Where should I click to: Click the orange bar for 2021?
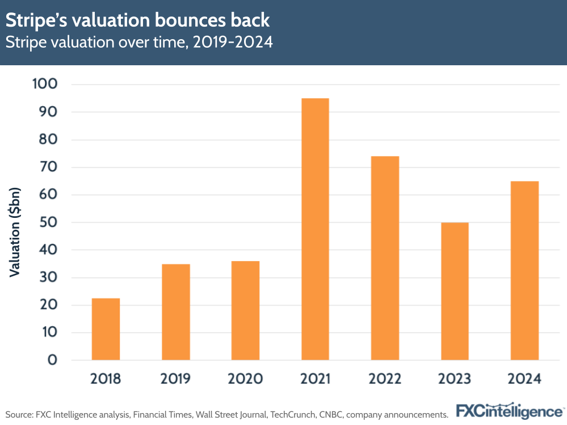[x=315, y=229]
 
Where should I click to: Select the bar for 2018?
[x=106, y=329]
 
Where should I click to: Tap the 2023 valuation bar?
[x=455, y=291]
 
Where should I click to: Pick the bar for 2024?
[x=524, y=271]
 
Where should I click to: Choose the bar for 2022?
[x=385, y=258]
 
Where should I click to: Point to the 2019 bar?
[x=175, y=312]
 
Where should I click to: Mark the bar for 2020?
[x=245, y=310]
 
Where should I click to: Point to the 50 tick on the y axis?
[x=49, y=222]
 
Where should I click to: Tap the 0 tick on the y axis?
[x=53, y=360]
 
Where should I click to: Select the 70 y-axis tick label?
[x=49, y=167]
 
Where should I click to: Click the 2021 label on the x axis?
[x=315, y=379]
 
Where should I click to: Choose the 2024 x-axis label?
[x=524, y=379]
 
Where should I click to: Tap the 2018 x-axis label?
[x=106, y=379]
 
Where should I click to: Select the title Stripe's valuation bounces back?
[x=137, y=20]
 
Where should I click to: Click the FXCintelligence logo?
[x=509, y=411]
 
